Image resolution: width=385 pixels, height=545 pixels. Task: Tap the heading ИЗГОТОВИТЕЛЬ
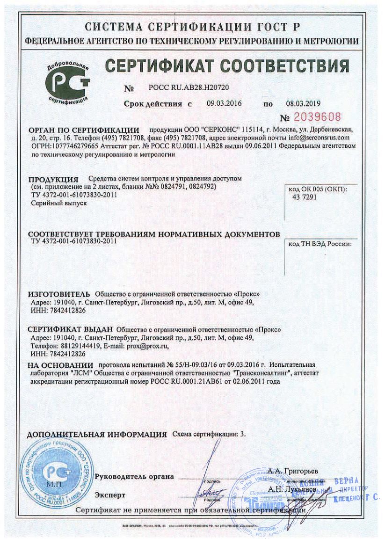coord(58,294)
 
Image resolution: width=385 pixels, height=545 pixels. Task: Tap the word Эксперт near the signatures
coord(110,494)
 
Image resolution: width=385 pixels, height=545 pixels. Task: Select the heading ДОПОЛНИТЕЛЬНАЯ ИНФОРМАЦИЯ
coord(97,435)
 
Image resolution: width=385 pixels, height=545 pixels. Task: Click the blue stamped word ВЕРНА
coord(347,481)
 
